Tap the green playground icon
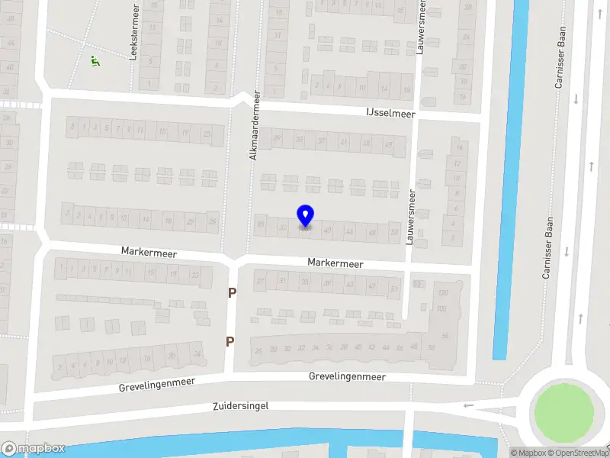coord(95,60)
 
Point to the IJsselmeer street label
coord(390,113)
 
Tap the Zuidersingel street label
coord(242,406)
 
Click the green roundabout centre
coord(563,413)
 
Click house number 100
coord(441,308)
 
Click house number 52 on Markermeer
coord(393,231)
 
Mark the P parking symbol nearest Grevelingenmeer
coord(230,341)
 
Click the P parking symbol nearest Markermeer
coord(232,292)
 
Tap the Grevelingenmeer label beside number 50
coord(347,376)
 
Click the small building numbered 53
coord(417,284)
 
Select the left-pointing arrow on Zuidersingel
coord(468,405)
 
